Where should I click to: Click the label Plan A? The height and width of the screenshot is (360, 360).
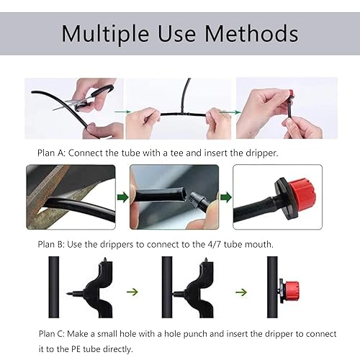pos(53,153)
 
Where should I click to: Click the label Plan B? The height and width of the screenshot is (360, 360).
pos(53,245)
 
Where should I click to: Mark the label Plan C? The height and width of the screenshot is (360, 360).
pos(53,333)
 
